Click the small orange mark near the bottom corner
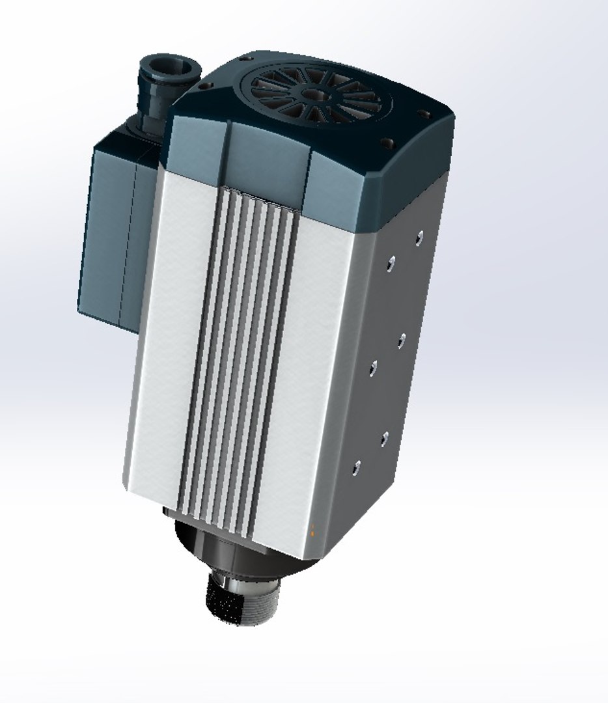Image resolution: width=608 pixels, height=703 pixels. click(x=313, y=531)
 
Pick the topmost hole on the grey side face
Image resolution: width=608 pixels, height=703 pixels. click(x=419, y=236)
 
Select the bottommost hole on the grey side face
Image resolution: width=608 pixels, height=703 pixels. click(x=356, y=467)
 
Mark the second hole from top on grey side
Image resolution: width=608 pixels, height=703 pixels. click(x=391, y=262)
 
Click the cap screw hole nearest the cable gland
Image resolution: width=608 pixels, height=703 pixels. click(x=205, y=85)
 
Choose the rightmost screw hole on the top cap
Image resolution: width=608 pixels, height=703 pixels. click(x=426, y=115)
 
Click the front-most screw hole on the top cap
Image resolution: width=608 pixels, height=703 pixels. click(x=389, y=141)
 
